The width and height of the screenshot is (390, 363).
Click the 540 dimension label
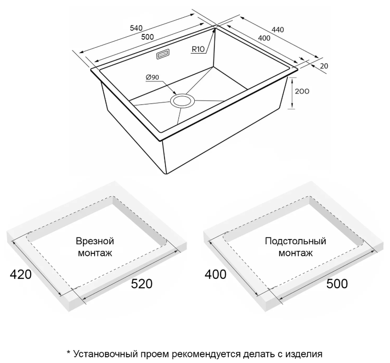coord(136,28)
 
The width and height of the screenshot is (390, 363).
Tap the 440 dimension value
coord(278,30)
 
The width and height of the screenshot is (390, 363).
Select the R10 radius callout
coord(198,49)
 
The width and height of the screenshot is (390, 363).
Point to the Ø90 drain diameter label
coord(152,78)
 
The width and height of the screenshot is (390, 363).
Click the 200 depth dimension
coord(302,91)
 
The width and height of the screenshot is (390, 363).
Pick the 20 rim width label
coord(324,66)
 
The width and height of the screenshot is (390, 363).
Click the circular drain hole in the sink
coord(182,101)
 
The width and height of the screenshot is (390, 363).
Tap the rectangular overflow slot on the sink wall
coord(163,54)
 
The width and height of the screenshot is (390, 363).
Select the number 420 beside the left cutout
coord(21,274)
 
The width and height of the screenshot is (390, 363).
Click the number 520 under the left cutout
coord(142,284)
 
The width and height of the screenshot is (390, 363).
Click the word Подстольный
coord(295,241)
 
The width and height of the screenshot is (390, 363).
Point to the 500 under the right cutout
coord(337,284)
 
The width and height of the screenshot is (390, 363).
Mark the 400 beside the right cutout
coord(215,274)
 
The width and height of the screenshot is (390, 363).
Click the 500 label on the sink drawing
coord(147,37)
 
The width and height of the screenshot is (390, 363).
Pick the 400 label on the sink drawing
coord(264,38)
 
